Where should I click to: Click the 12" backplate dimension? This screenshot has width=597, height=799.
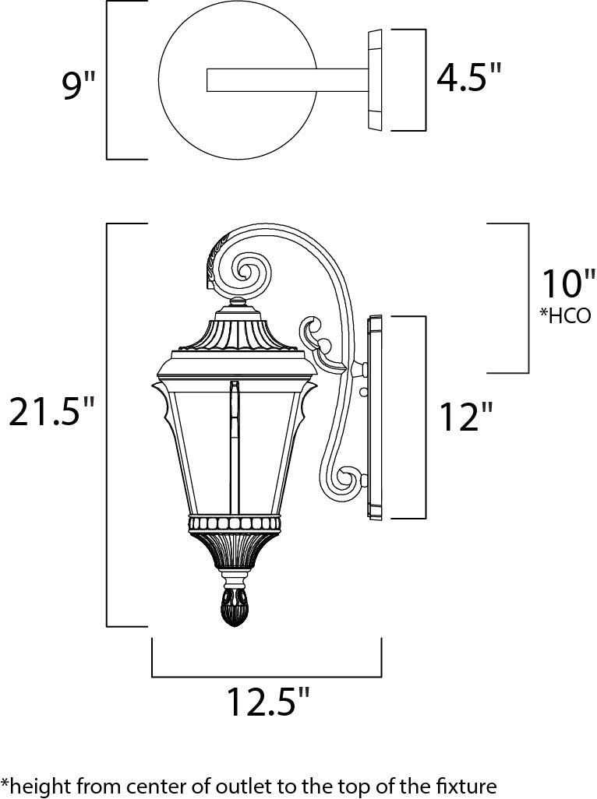[x=466, y=417]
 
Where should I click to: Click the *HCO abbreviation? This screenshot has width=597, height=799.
[x=566, y=316]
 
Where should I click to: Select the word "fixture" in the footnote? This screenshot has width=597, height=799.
[x=468, y=784]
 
